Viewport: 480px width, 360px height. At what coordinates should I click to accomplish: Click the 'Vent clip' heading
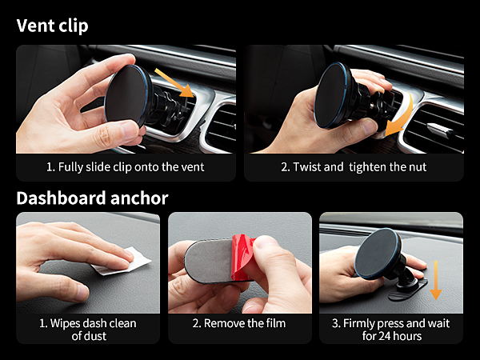[52, 25]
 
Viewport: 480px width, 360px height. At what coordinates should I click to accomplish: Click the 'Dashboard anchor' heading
[92, 198]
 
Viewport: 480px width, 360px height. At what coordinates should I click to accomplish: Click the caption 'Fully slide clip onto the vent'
[126, 167]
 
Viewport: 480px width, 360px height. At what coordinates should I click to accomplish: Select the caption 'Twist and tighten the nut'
[354, 167]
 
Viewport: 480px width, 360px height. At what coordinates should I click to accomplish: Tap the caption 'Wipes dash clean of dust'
[88, 329]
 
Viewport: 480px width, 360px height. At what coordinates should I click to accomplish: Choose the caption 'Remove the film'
[239, 323]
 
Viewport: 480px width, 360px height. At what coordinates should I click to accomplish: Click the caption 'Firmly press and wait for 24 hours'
[390, 329]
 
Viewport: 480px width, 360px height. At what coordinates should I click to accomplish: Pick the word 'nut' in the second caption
[417, 167]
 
